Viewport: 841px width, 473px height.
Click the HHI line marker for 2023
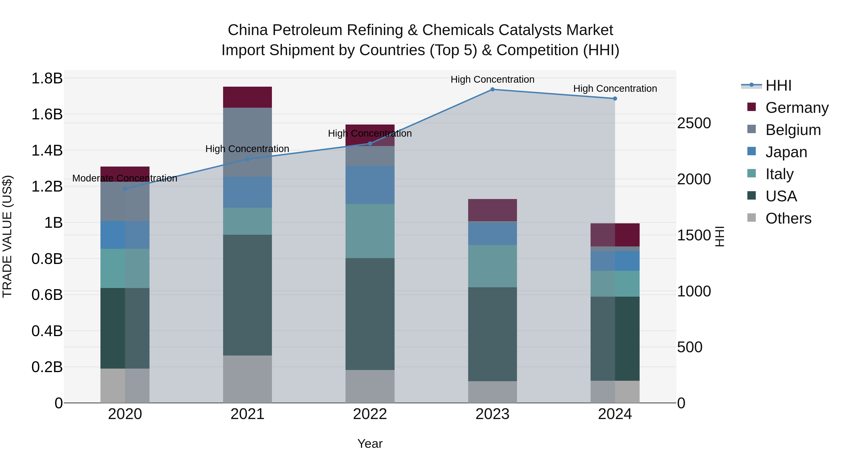point(492,89)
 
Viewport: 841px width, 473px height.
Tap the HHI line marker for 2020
point(125,189)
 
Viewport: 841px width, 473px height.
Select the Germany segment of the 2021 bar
point(247,97)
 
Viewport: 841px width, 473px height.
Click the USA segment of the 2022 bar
point(370,314)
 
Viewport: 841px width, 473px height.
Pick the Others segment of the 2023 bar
point(492,392)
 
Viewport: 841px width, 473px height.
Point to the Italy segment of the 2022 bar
point(370,231)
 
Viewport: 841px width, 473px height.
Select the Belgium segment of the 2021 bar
point(247,142)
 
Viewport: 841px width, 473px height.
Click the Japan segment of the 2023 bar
point(492,233)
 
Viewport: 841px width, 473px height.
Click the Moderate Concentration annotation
point(125,178)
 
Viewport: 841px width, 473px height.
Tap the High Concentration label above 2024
point(615,89)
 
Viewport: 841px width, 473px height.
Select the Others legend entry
point(788,218)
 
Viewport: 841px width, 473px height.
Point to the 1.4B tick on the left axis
point(47,150)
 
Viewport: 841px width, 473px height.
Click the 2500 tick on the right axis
point(694,123)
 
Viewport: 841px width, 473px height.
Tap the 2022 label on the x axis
point(370,414)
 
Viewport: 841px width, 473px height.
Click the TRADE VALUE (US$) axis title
point(7,236)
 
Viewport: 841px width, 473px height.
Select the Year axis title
point(370,444)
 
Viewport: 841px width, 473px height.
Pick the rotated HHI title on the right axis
point(720,236)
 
